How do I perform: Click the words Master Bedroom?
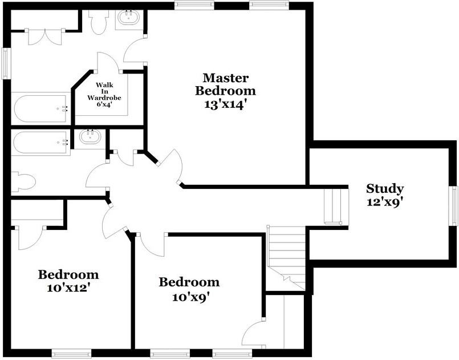click(x=225, y=84)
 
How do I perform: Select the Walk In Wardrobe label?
click(x=104, y=91)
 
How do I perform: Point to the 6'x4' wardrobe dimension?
click(x=104, y=104)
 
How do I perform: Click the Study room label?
click(x=385, y=189)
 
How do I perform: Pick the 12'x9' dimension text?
click(x=383, y=202)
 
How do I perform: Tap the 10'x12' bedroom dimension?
click(x=68, y=288)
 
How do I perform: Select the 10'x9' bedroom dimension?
click(x=191, y=298)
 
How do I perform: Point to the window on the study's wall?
click(x=454, y=206)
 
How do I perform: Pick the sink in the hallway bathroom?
click(x=91, y=137)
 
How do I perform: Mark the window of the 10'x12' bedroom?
click(x=71, y=353)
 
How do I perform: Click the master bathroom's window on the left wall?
click(x=6, y=63)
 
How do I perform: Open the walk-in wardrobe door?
click(x=109, y=62)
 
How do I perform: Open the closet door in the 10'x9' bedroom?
click(x=254, y=334)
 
